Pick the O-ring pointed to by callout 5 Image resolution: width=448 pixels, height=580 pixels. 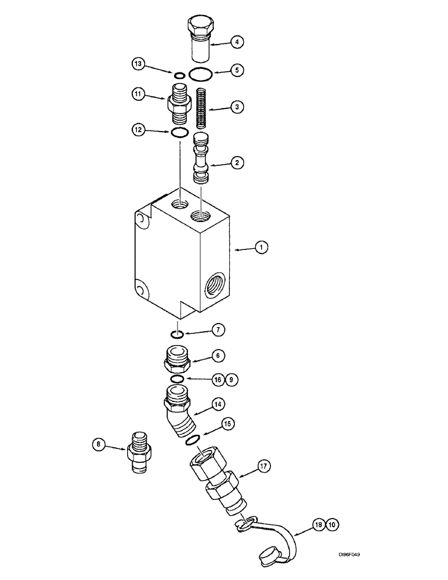(x=201, y=74)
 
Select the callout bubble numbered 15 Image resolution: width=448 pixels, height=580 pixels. (x=228, y=424)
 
